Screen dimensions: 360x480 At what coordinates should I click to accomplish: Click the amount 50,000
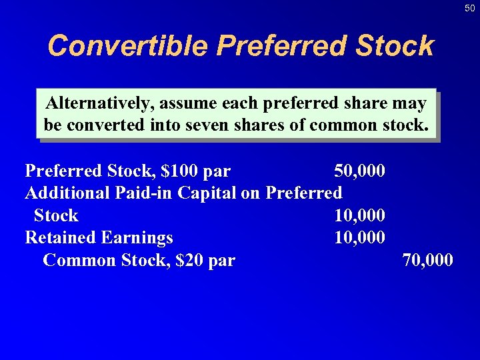click(359, 171)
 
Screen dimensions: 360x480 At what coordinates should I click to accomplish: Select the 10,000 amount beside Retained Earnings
click(359, 237)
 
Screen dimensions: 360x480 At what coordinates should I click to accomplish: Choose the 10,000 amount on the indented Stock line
click(359, 215)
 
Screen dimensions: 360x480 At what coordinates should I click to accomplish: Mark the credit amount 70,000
click(428, 260)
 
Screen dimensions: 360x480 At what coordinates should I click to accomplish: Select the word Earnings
click(137, 237)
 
